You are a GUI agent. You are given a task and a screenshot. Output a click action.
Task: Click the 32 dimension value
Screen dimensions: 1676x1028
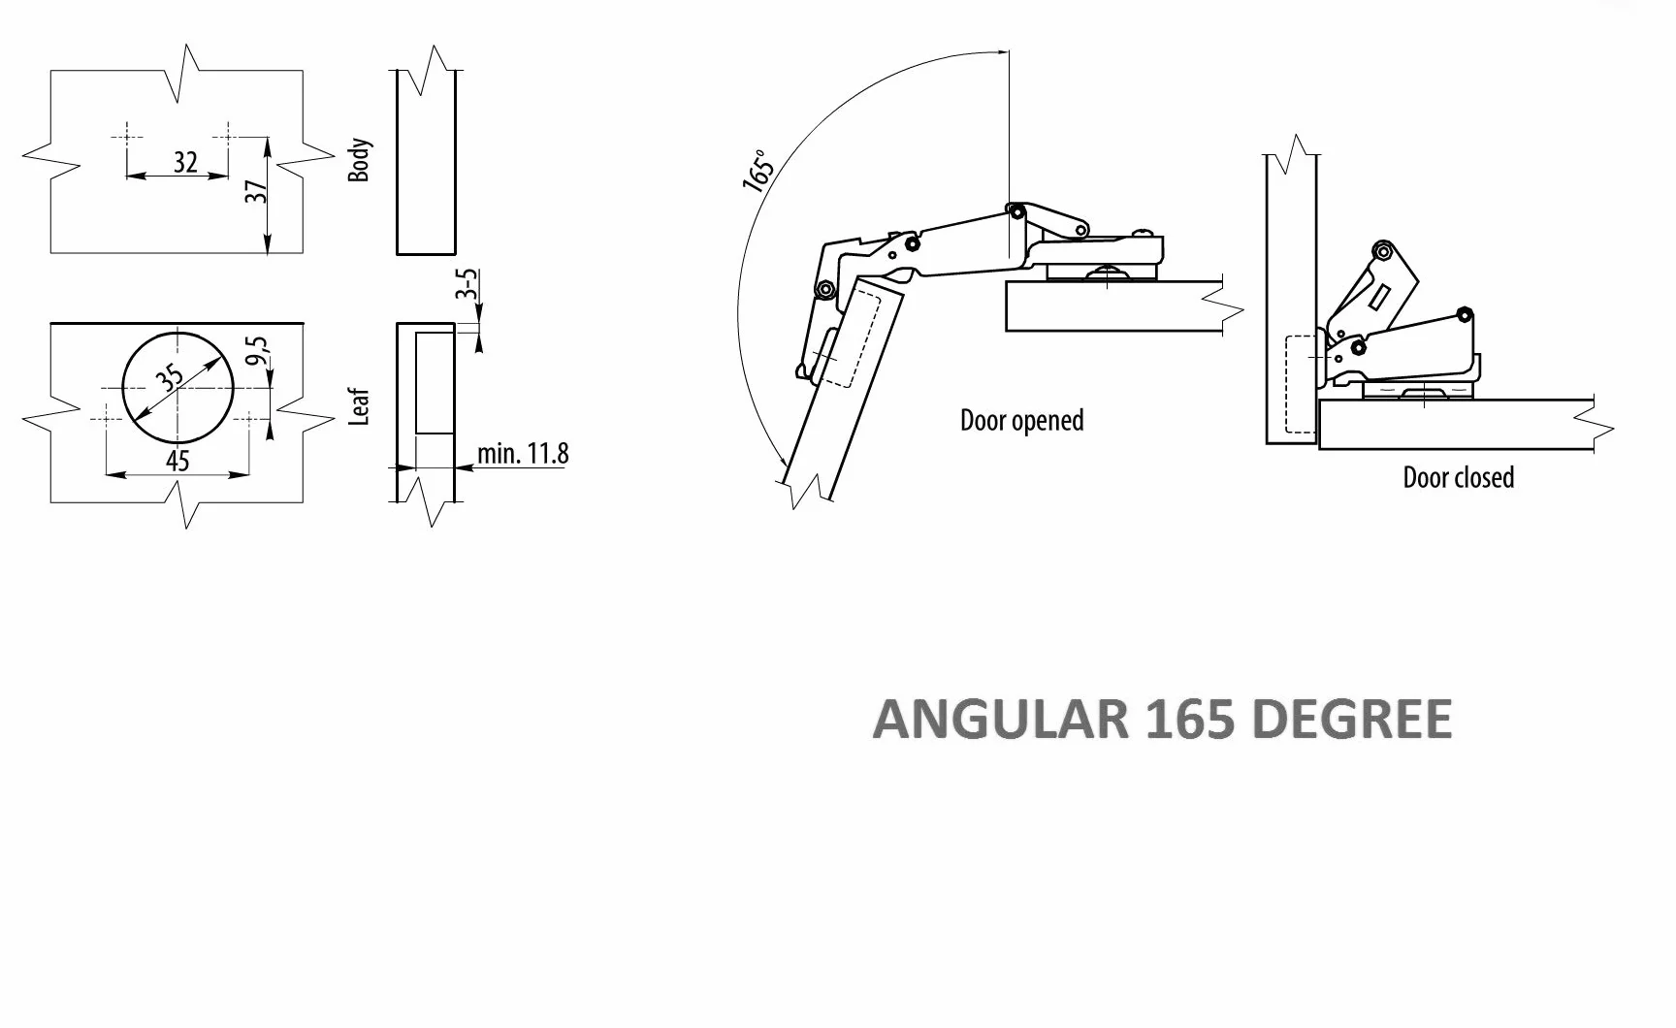point(185,161)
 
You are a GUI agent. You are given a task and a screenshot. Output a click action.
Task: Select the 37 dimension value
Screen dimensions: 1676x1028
point(256,191)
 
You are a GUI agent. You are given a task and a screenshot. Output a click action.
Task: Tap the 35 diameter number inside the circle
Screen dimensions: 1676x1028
point(171,377)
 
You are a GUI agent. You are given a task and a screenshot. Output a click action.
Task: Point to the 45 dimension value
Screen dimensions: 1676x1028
point(177,460)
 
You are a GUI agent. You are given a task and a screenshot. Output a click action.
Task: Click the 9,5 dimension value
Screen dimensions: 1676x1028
point(256,350)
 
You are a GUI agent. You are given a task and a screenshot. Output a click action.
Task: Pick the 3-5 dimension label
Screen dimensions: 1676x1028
point(467,285)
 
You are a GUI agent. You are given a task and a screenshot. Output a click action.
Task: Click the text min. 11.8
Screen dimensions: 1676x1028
point(523,453)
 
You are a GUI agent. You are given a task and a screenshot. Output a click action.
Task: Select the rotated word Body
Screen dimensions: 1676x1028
point(359,160)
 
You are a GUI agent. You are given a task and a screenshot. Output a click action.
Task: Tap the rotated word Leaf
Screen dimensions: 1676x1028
point(359,406)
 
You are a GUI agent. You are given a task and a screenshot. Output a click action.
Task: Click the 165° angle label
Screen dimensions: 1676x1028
point(759,171)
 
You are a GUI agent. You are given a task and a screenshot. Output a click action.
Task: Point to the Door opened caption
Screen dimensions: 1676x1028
point(1021,421)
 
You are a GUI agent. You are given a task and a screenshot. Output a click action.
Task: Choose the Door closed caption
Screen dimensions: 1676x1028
point(1458,477)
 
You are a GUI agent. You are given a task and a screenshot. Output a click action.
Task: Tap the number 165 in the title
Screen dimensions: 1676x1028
point(1190,719)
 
